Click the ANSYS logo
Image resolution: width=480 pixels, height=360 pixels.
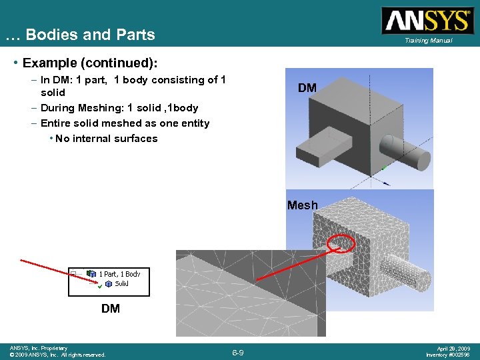[427, 20]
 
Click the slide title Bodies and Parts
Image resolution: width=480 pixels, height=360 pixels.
[80, 35]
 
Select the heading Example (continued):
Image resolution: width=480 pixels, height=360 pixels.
[90, 63]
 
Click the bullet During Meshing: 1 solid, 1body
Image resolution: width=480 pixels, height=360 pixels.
[119, 107]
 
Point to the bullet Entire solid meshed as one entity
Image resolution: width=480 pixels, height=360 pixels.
[125, 123]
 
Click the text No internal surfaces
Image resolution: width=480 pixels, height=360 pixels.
[107, 139]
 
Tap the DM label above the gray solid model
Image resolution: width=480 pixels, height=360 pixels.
[307, 87]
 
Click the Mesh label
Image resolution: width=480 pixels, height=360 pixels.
[303, 205]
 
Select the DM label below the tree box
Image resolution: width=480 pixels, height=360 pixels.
[111, 309]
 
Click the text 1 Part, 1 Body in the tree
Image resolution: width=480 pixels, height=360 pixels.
[119, 274]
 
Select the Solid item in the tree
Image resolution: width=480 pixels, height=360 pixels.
[121, 283]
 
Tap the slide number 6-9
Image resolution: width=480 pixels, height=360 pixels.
[238, 352]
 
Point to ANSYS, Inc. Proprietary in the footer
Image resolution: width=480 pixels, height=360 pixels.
[39, 348]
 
